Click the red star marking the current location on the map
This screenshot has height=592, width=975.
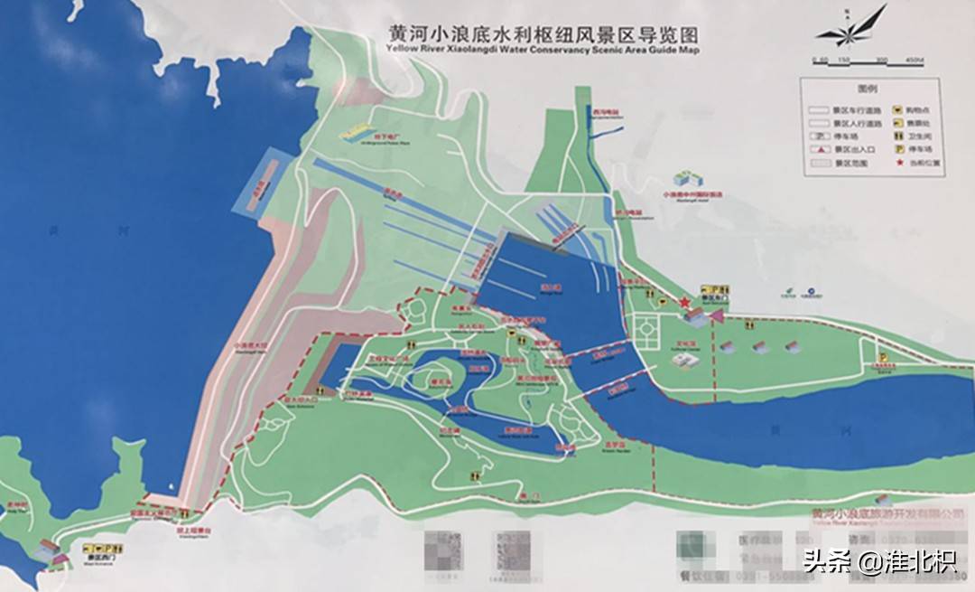[x=684, y=302]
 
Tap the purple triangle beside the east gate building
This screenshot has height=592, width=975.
[x=718, y=315]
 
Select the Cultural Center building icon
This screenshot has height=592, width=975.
[x=684, y=360]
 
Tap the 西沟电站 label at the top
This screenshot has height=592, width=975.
[x=606, y=111]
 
